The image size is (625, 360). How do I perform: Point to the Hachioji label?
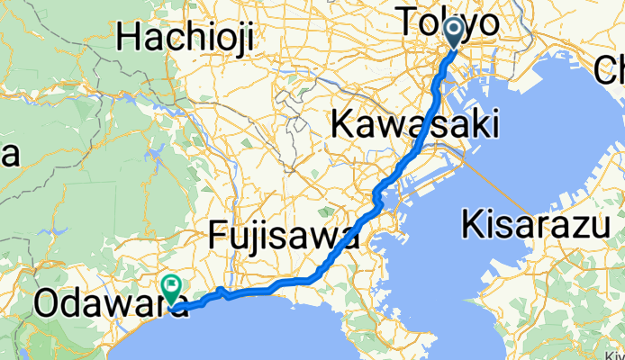186,38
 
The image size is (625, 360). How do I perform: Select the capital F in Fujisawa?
218,237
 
